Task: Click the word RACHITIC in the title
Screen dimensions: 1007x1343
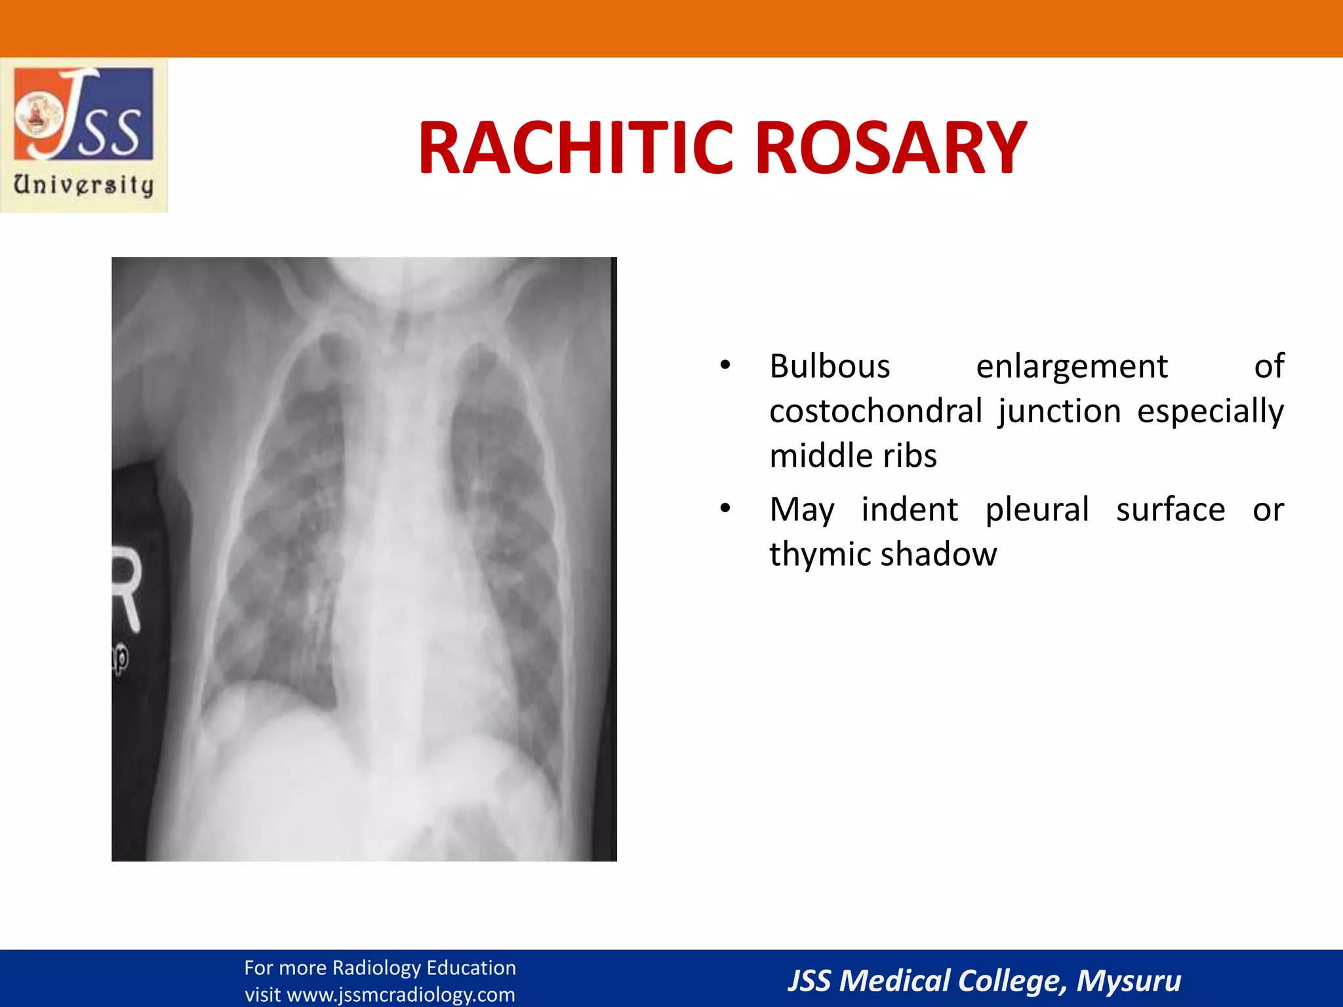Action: coord(574,149)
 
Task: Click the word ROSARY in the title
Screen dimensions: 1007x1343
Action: coord(891,149)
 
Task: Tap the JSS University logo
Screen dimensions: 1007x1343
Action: coord(84,135)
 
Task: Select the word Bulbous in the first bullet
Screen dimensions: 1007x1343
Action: coord(830,366)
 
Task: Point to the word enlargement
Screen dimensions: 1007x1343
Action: coord(1072,366)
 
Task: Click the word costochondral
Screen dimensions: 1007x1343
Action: coord(875,411)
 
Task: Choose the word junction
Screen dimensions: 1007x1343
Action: coord(1060,411)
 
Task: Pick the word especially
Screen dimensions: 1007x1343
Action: coord(1210,411)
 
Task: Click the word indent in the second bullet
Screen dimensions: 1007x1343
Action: coord(910,509)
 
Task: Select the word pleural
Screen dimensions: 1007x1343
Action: coord(1037,509)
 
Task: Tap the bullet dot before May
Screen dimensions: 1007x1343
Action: coord(725,509)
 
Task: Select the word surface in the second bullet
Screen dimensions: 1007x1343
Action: coord(1171,509)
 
